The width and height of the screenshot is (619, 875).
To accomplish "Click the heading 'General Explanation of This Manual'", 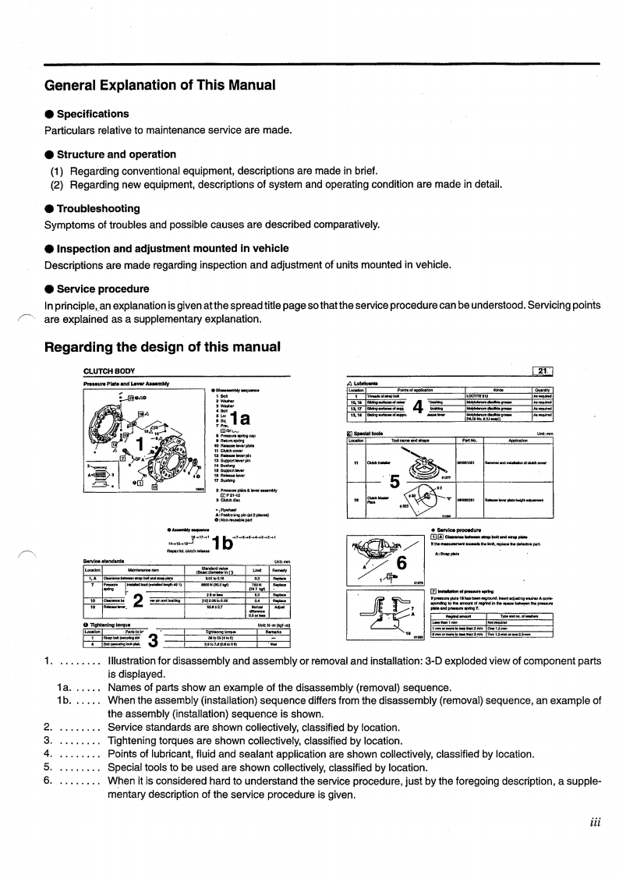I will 160,84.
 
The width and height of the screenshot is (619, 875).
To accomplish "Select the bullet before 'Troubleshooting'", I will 49,209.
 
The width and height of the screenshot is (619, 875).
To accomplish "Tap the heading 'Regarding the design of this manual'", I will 162,346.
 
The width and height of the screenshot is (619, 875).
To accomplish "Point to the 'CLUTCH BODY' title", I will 109,370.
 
